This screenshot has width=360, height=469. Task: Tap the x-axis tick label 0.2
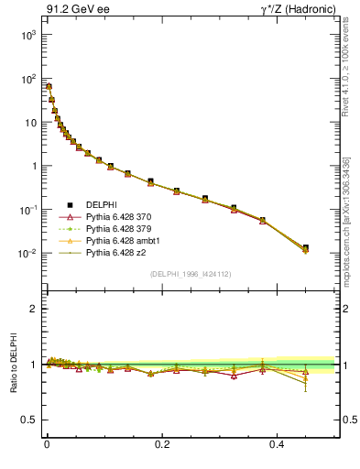pos(163,443)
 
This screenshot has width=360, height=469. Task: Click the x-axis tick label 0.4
pos(279,443)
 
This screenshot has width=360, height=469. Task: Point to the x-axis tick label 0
pos(47,443)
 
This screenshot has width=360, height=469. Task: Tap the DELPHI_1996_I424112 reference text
pos(190,274)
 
